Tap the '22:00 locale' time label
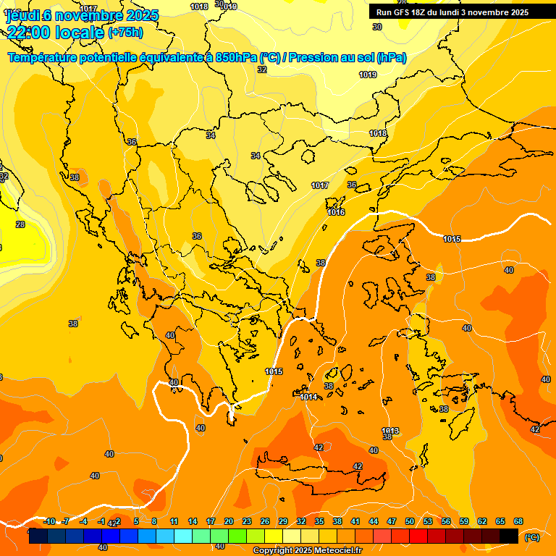[54, 33]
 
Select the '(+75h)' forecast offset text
[125, 33]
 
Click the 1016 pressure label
[336, 212]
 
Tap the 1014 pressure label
[308, 397]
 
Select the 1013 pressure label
[390, 431]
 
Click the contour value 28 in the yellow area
[20, 224]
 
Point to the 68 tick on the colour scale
[518, 521]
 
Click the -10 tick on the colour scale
[49, 521]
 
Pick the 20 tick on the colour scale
[229, 521]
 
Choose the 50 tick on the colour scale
[410, 521]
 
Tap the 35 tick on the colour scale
[319, 521]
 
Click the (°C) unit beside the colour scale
[531, 537]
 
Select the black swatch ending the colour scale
[509, 536]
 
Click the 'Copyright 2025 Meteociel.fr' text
[307, 550]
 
